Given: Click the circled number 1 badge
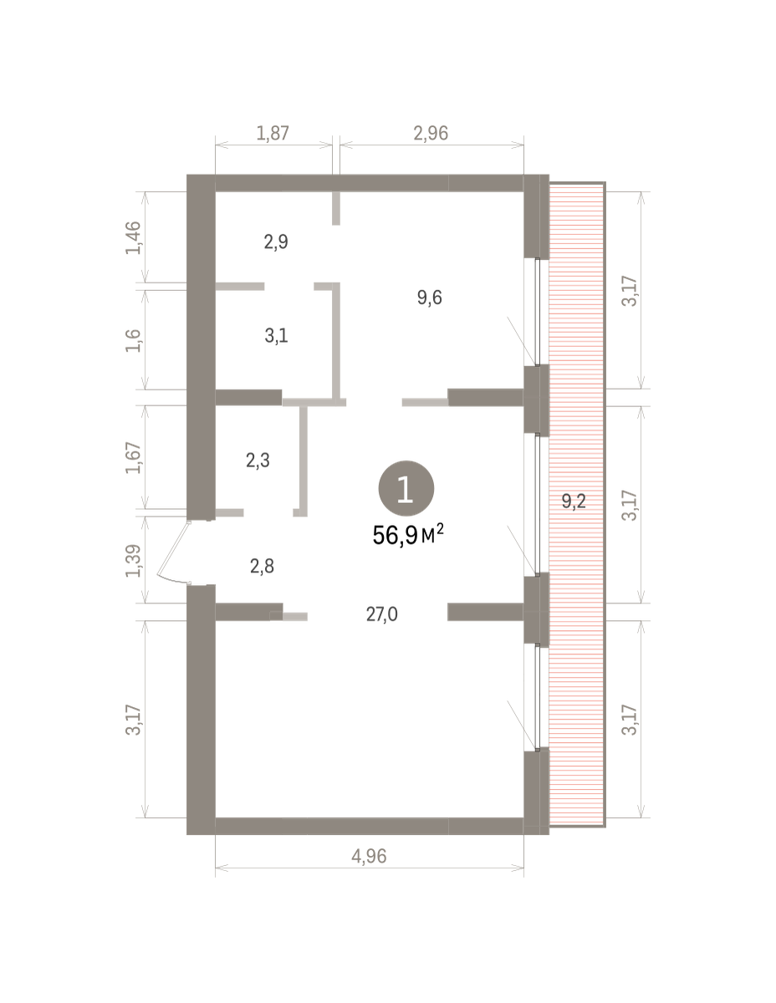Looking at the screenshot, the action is [x=406, y=488].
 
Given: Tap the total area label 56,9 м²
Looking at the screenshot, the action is [x=407, y=535].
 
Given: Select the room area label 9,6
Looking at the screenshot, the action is [x=429, y=298].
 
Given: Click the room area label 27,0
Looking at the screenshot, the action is [x=382, y=614].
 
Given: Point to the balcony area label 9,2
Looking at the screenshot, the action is [x=574, y=501].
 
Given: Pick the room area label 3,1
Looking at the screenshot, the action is [x=277, y=335].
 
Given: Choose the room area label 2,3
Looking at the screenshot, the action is [x=258, y=461].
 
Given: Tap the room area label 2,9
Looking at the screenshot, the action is [x=276, y=242].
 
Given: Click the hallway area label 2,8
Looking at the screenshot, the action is [x=262, y=566].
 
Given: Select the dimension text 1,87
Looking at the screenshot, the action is [x=273, y=133].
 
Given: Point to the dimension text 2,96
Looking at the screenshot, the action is [x=431, y=133].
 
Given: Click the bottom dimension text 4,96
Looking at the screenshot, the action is [x=369, y=856].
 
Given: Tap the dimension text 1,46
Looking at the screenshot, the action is [x=133, y=237].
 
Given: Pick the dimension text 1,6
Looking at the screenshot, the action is [x=133, y=341].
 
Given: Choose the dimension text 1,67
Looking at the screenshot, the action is [x=133, y=457].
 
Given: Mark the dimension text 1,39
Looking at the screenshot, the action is [x=133, y=561].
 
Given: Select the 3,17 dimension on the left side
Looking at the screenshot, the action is [x=133, y=720].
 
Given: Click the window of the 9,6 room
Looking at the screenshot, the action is [x=537, y=312].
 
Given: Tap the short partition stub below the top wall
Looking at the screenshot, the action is [x=336, y=208].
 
